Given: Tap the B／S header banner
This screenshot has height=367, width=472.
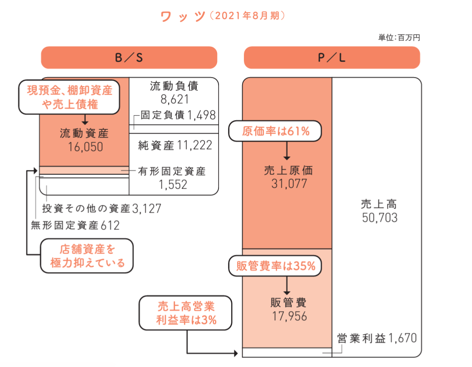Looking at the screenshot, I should [x=129, y=58].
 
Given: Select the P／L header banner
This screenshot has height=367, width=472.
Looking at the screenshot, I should [x=332, y=58].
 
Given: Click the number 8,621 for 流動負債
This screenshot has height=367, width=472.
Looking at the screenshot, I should [x=174, y=99].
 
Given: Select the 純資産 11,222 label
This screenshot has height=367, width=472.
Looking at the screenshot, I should [x=175, y=145].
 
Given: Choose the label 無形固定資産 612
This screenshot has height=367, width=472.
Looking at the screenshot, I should [x=75, y=224].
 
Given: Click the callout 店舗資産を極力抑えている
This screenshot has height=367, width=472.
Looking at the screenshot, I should [x=88, y=256].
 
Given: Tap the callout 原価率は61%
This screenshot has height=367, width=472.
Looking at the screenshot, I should [x=275, y=132].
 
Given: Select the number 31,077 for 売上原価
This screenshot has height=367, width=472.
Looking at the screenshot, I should [x=288, y=184].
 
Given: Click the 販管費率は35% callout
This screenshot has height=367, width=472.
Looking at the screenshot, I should [x=275, y=266].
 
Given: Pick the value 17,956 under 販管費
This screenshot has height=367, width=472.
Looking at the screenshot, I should [x=288, y=316].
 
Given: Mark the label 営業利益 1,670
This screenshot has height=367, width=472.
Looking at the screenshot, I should [x=377, y=338].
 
